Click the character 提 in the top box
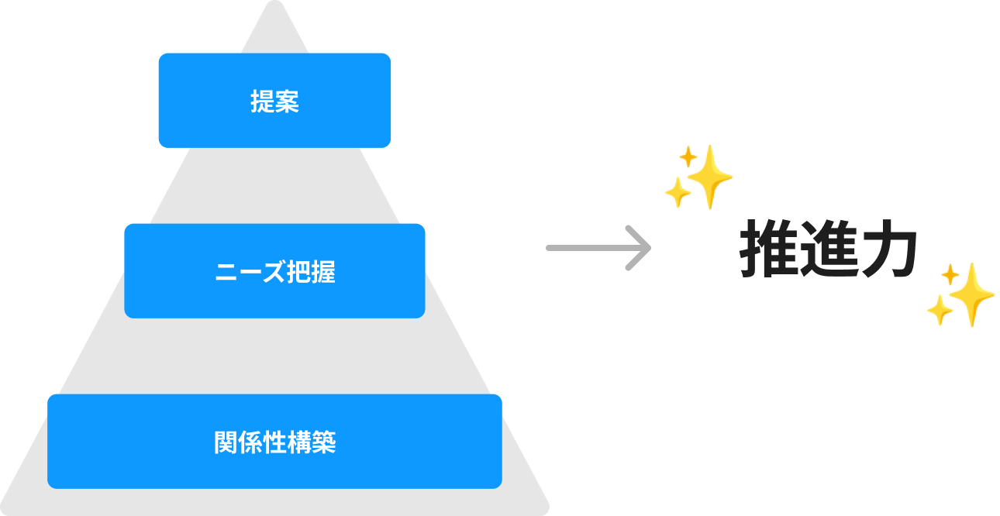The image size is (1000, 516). (x=262, y=101)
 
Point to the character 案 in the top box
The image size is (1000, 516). (x=287, y=101)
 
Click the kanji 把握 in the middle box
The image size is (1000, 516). (x=311, y=272)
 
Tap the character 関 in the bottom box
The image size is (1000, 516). (x=226, y=442)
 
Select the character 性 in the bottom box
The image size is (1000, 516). (x=274, y=442)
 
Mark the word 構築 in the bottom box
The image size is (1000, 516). (x=311, y=442)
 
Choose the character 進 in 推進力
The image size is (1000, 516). (x=828, y=250)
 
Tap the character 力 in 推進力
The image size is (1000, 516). (x=889, y=250)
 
